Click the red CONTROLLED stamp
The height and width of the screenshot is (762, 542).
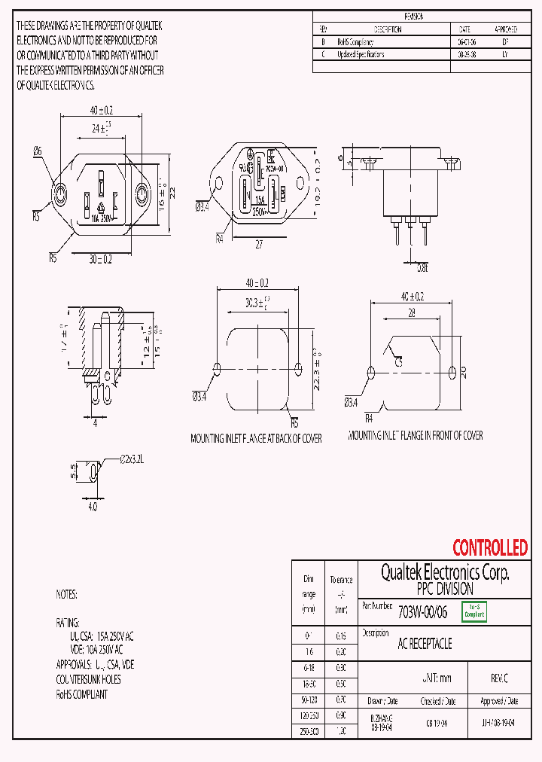tap(489, 547)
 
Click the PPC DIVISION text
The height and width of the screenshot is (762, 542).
tap(444, 589)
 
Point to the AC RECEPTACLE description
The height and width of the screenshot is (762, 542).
tap(425, 645)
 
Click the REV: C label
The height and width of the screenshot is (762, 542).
tap(499, 678)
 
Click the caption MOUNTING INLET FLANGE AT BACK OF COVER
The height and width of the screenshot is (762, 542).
tap(256, 438)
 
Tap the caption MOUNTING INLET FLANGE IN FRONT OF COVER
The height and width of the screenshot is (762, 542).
tap(416, 435)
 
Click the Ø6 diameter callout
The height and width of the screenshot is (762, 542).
tap(38, 151)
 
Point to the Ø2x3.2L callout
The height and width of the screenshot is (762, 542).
tap(132, 458)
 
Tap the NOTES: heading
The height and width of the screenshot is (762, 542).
tap(66, 594)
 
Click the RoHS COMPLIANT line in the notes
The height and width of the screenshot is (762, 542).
tap(82, 693)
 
